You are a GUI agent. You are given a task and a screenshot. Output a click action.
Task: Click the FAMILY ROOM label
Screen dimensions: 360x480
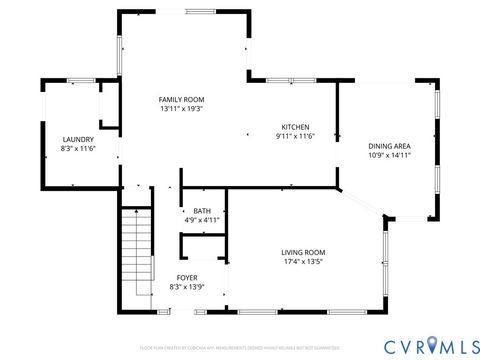coord(181,99)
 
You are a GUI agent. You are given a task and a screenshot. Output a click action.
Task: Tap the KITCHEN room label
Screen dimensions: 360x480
coord(295,127)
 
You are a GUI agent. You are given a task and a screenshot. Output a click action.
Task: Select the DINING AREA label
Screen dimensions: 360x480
coord(389,147)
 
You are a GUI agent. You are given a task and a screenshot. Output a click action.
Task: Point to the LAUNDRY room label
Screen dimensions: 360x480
coord(78,139)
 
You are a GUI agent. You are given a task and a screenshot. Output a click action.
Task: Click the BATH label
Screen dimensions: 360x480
coord(202,211)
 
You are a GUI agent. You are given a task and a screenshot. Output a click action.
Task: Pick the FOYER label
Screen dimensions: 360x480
coord(187,277)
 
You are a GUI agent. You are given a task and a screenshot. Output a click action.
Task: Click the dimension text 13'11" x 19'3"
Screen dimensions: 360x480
coord(181,109)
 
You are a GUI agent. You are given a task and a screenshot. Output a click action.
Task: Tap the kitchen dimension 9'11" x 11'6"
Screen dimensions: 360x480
coord(295,137)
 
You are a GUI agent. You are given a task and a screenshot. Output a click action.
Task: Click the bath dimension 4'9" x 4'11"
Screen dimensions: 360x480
coord(202,220)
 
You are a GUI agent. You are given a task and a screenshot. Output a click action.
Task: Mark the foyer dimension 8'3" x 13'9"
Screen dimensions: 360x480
coord(187,287)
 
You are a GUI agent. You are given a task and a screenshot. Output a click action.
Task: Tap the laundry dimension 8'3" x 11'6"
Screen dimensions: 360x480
coord(78,149)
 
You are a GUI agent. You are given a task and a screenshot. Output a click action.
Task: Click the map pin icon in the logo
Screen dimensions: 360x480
coord(431,345)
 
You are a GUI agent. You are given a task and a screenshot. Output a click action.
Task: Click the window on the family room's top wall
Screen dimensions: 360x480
coord(198,11)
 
